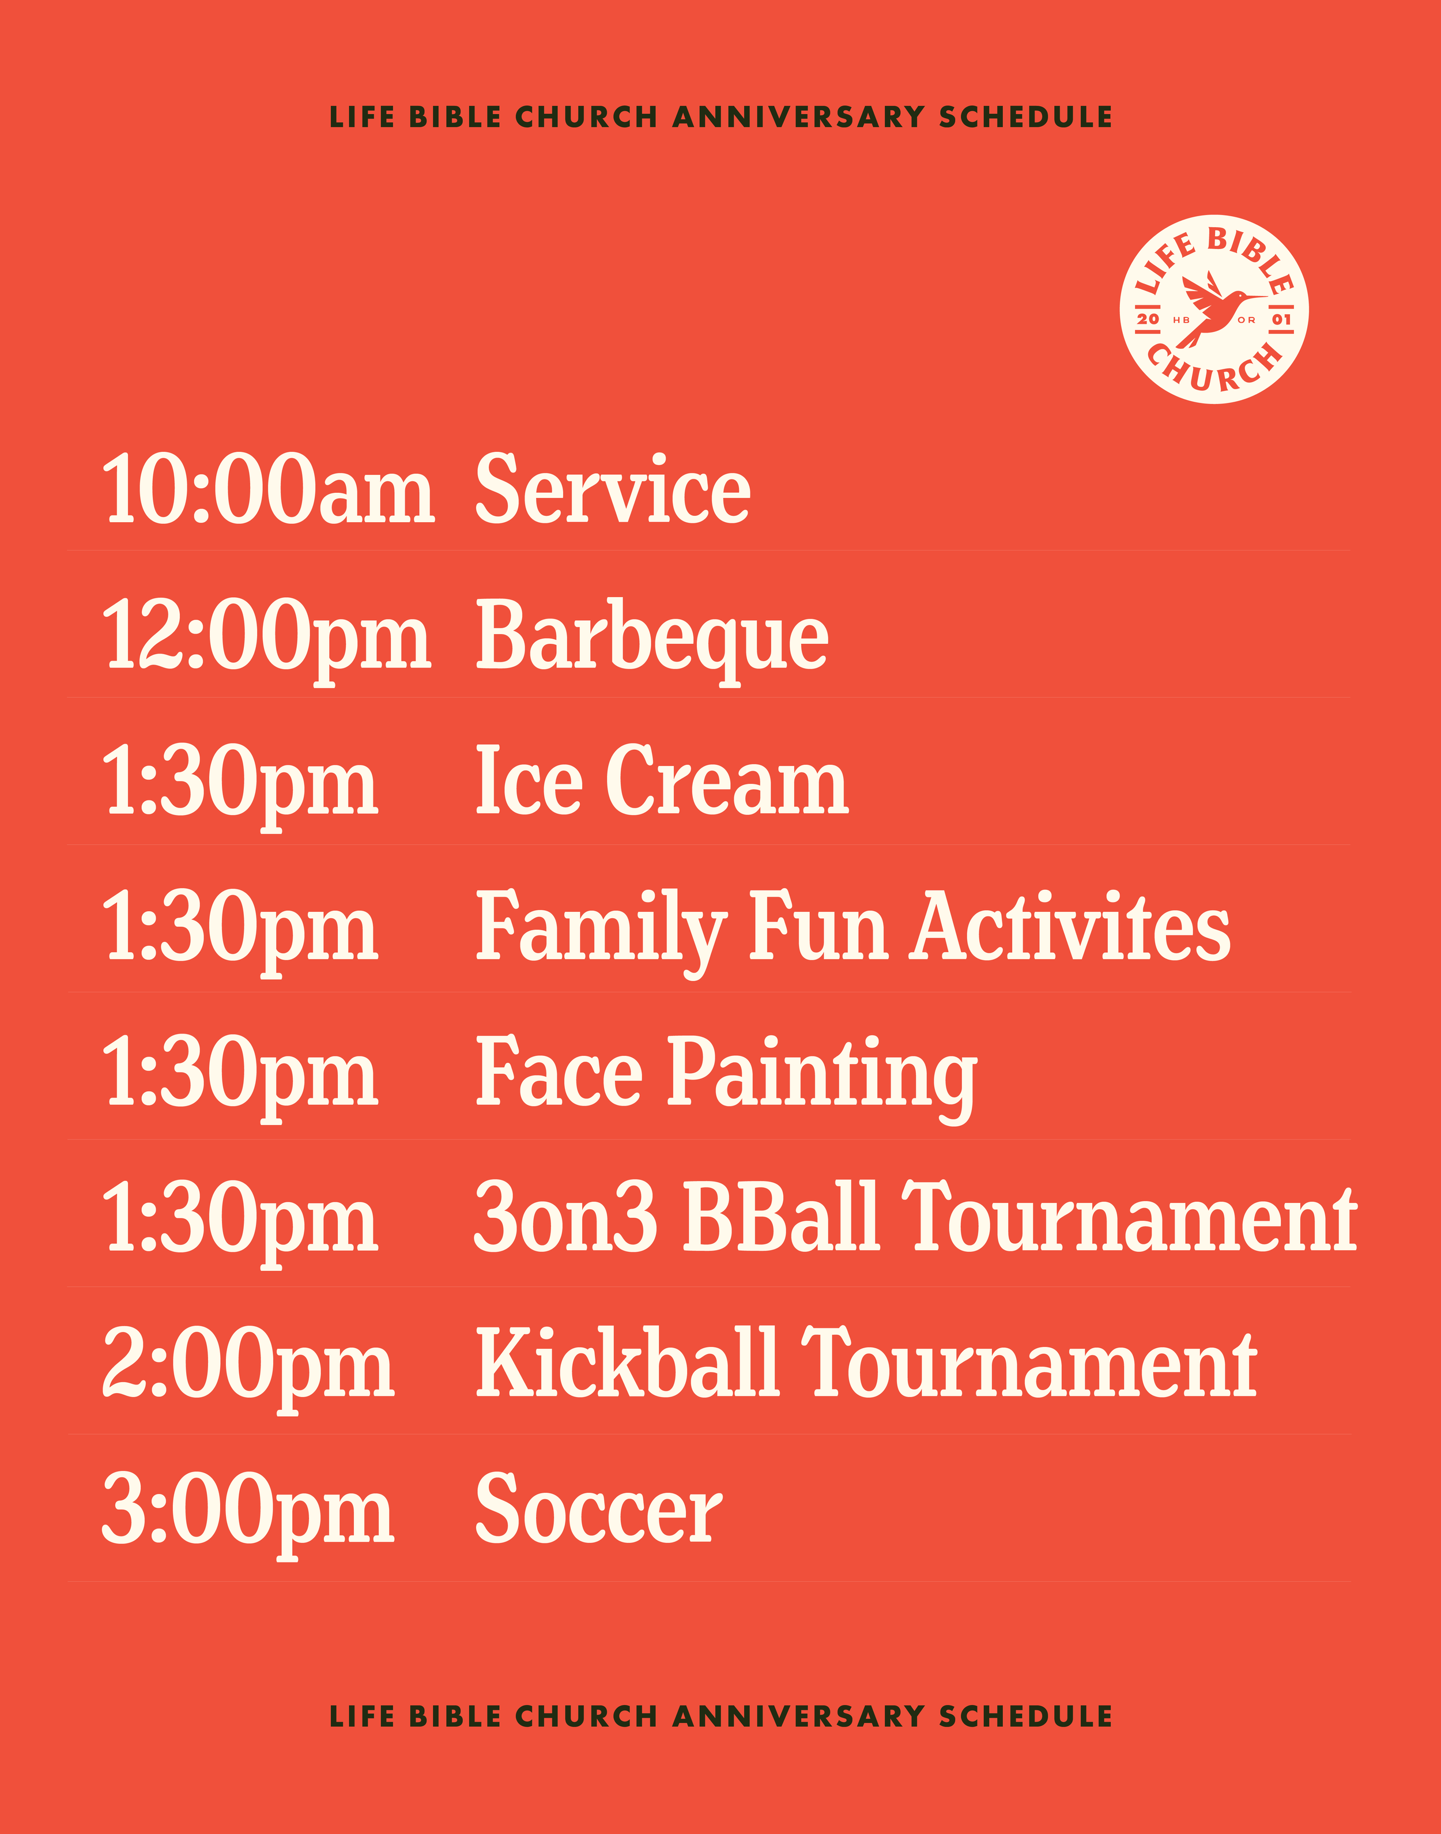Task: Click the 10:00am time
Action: pos(268,489)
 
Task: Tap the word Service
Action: pos(613,489)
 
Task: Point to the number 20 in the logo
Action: pos(1148,319)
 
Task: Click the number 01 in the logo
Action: pos(1281,319)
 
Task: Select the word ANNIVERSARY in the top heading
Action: pos(798,116)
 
